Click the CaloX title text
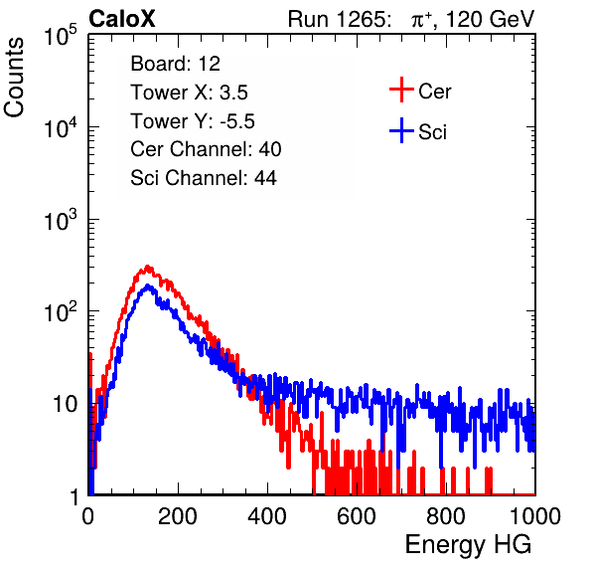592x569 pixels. click(x=121, y=19)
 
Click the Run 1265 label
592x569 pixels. click(x=339, y=19)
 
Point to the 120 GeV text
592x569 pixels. click(x=491, y=19)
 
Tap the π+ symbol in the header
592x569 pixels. click(x=421, y=19)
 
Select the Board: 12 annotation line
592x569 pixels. click(x=175, y=64)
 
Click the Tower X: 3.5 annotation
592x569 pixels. click(x=189, y=93)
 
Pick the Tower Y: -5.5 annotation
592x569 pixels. click(x=193, y=121)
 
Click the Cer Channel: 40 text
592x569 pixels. click(x=206, y=149)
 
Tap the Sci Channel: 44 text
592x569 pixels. click(x=204, y=178)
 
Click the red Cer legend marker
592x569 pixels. click(x=401, y=90)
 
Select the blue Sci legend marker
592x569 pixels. click(x=401, y=131)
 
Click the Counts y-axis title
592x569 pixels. click(x=14, y=78)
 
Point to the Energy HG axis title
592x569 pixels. click(x=468, y=545)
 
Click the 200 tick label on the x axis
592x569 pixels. click(x=178, y=516)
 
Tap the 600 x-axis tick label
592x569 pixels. click(x=357, y=516)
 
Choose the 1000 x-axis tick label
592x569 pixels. click(x=535, y=516)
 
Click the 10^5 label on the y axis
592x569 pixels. click(x=61, y=35)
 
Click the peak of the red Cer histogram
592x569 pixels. click(x=148, y=267)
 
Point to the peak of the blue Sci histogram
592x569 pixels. click(x=148, y=286)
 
